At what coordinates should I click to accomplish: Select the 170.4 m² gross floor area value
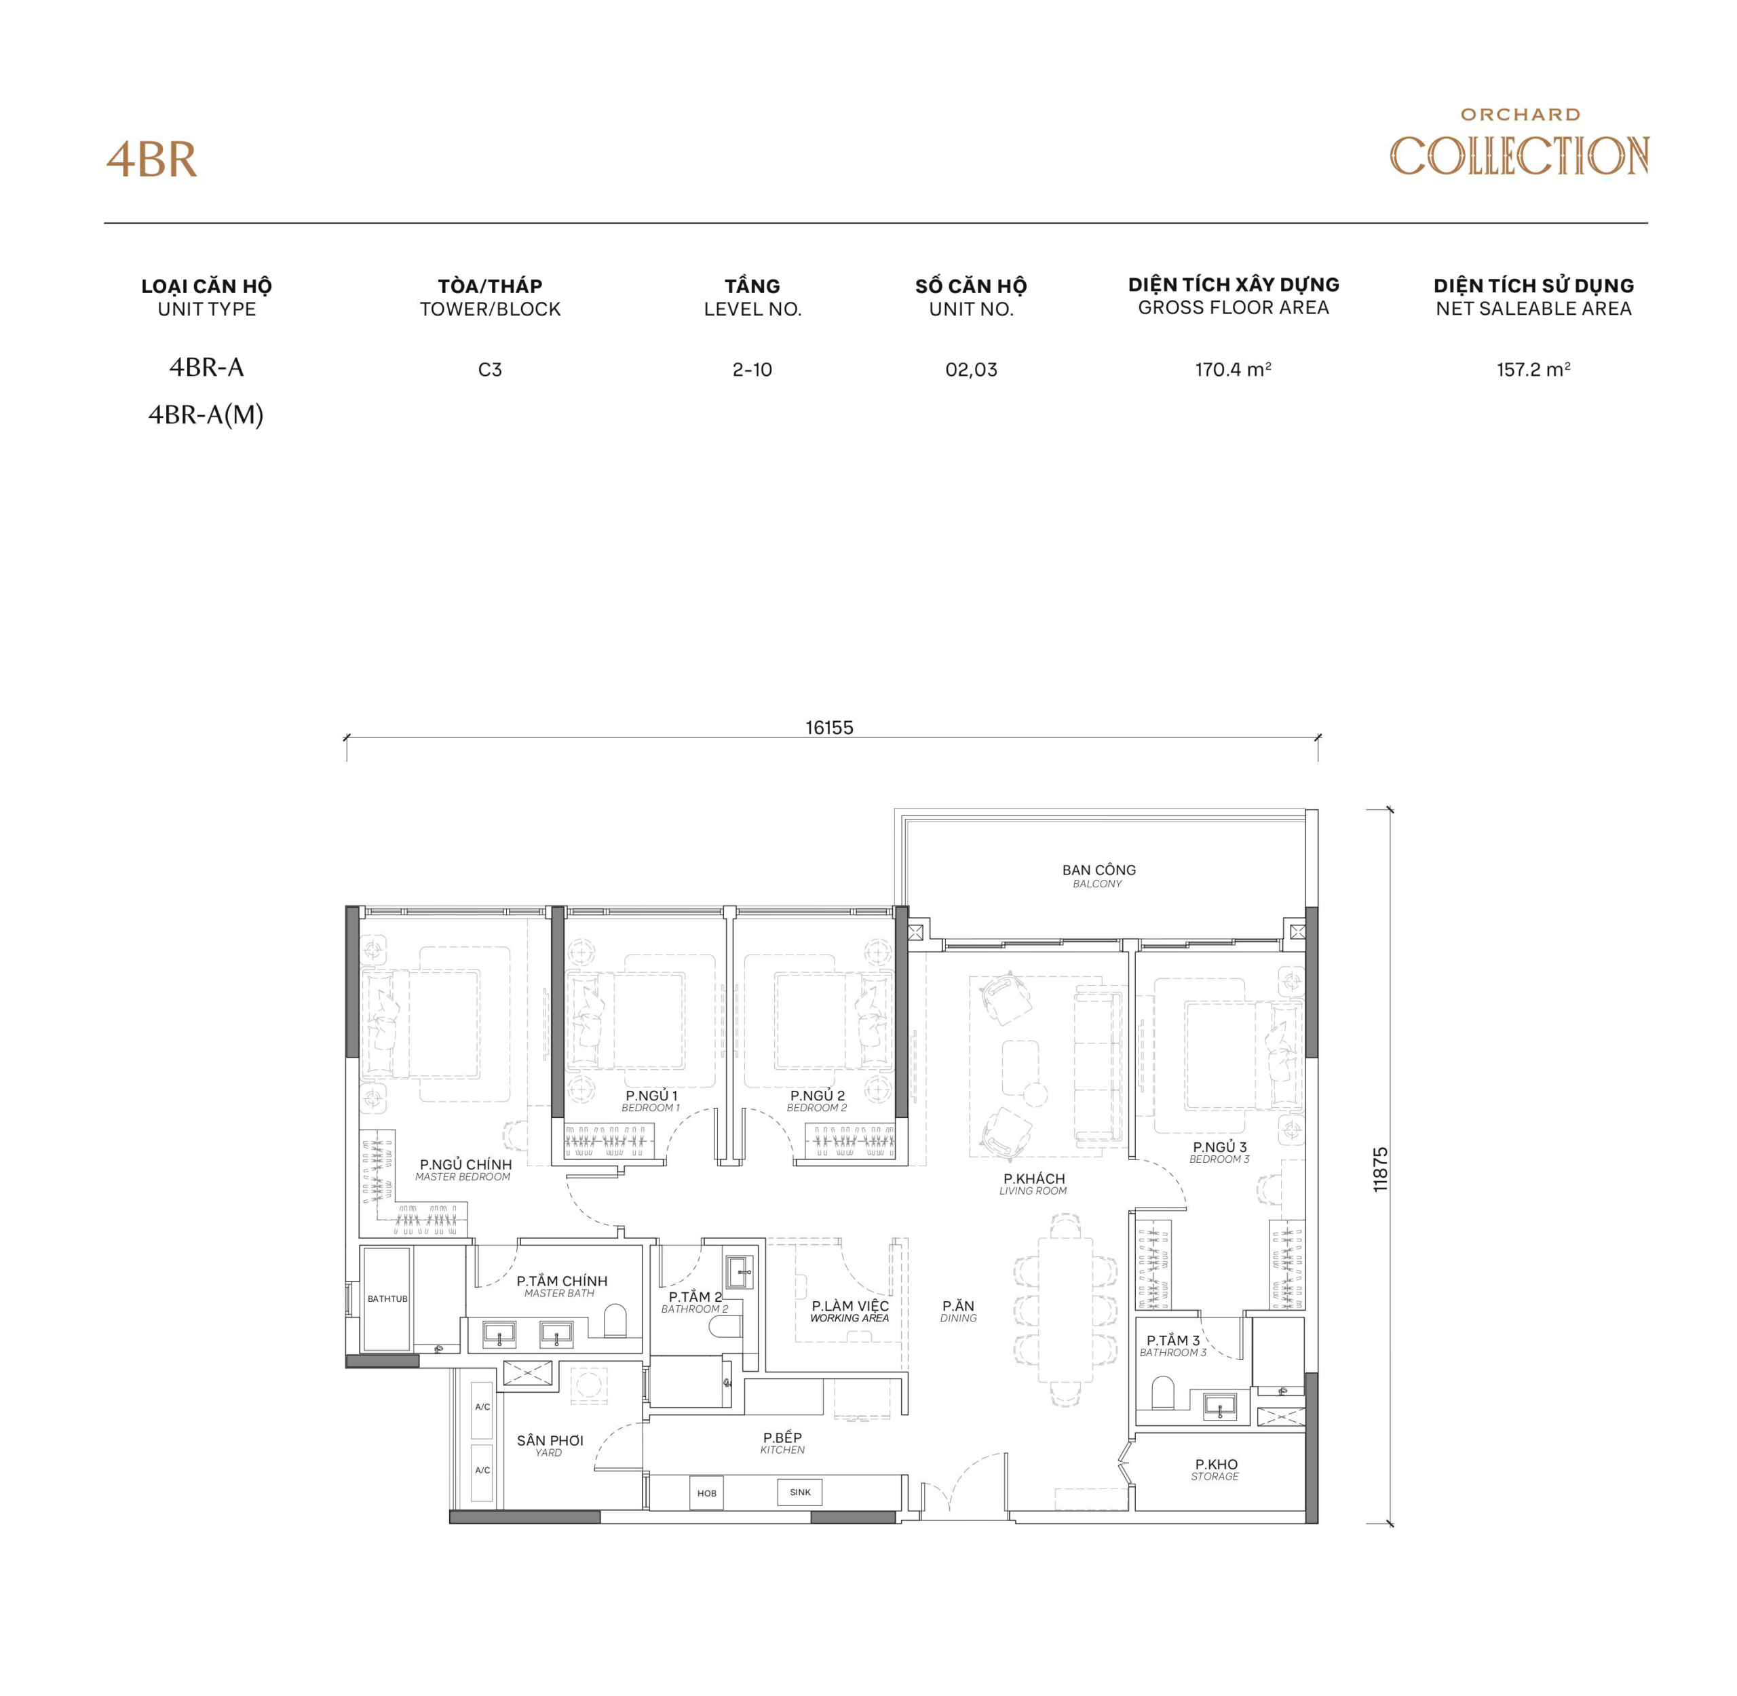(x=1233, y=370)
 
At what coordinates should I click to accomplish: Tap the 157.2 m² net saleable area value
(x=1532, y=370)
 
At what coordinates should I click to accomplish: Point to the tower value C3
(x=490, y=370)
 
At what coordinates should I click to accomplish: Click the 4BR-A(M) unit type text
(x=206, y=415)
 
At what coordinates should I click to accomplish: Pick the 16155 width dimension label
(x=829, y=728)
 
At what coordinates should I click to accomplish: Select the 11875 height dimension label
(x=1380, y=1169)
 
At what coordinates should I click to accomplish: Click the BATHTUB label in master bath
(x=387, y=1298)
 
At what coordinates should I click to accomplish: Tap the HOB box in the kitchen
(x=706, y=1493)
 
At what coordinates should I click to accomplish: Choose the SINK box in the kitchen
(x=800, y=1492)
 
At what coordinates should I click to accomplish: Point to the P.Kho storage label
(x=1216, y=1469)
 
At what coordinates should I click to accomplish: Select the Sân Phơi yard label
(x=550, y=1445)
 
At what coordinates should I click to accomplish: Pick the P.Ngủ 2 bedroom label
(x=817, y=1100)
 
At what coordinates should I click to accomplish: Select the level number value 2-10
(x=752, y=370)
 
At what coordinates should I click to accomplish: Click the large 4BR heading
(x=151, y=160)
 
